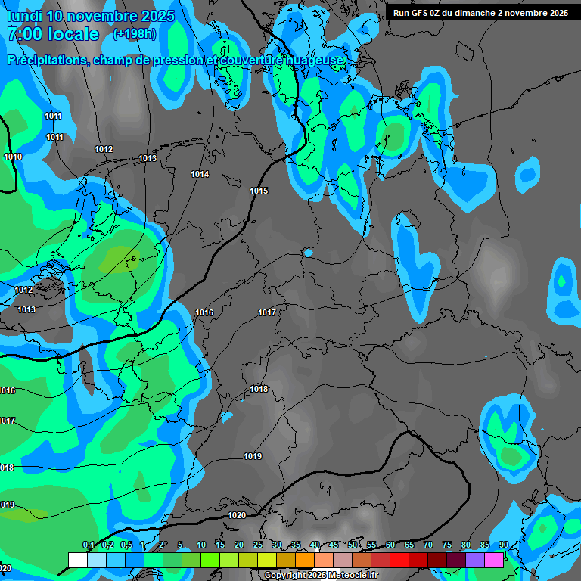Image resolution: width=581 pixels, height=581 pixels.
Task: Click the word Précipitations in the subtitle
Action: click(46, 60)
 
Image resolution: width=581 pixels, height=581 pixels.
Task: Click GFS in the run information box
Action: click(419, 13)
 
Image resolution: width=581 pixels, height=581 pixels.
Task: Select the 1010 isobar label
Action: click(13, 157)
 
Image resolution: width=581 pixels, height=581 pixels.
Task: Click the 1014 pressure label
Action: click(200, 174)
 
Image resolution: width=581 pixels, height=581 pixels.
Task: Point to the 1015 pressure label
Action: click(259, 191)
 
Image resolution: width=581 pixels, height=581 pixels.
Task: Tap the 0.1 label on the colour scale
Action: click(88, 545)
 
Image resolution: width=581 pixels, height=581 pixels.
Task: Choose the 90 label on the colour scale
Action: click(503, 545)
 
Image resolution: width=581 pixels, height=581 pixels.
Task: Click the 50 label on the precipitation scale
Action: click(353, 545)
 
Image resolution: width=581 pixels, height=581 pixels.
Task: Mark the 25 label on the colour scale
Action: click(258, 545)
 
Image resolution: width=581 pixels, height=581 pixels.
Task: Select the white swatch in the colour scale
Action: click(77, 560)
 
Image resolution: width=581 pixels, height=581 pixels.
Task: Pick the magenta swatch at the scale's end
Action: click(494, 560)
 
